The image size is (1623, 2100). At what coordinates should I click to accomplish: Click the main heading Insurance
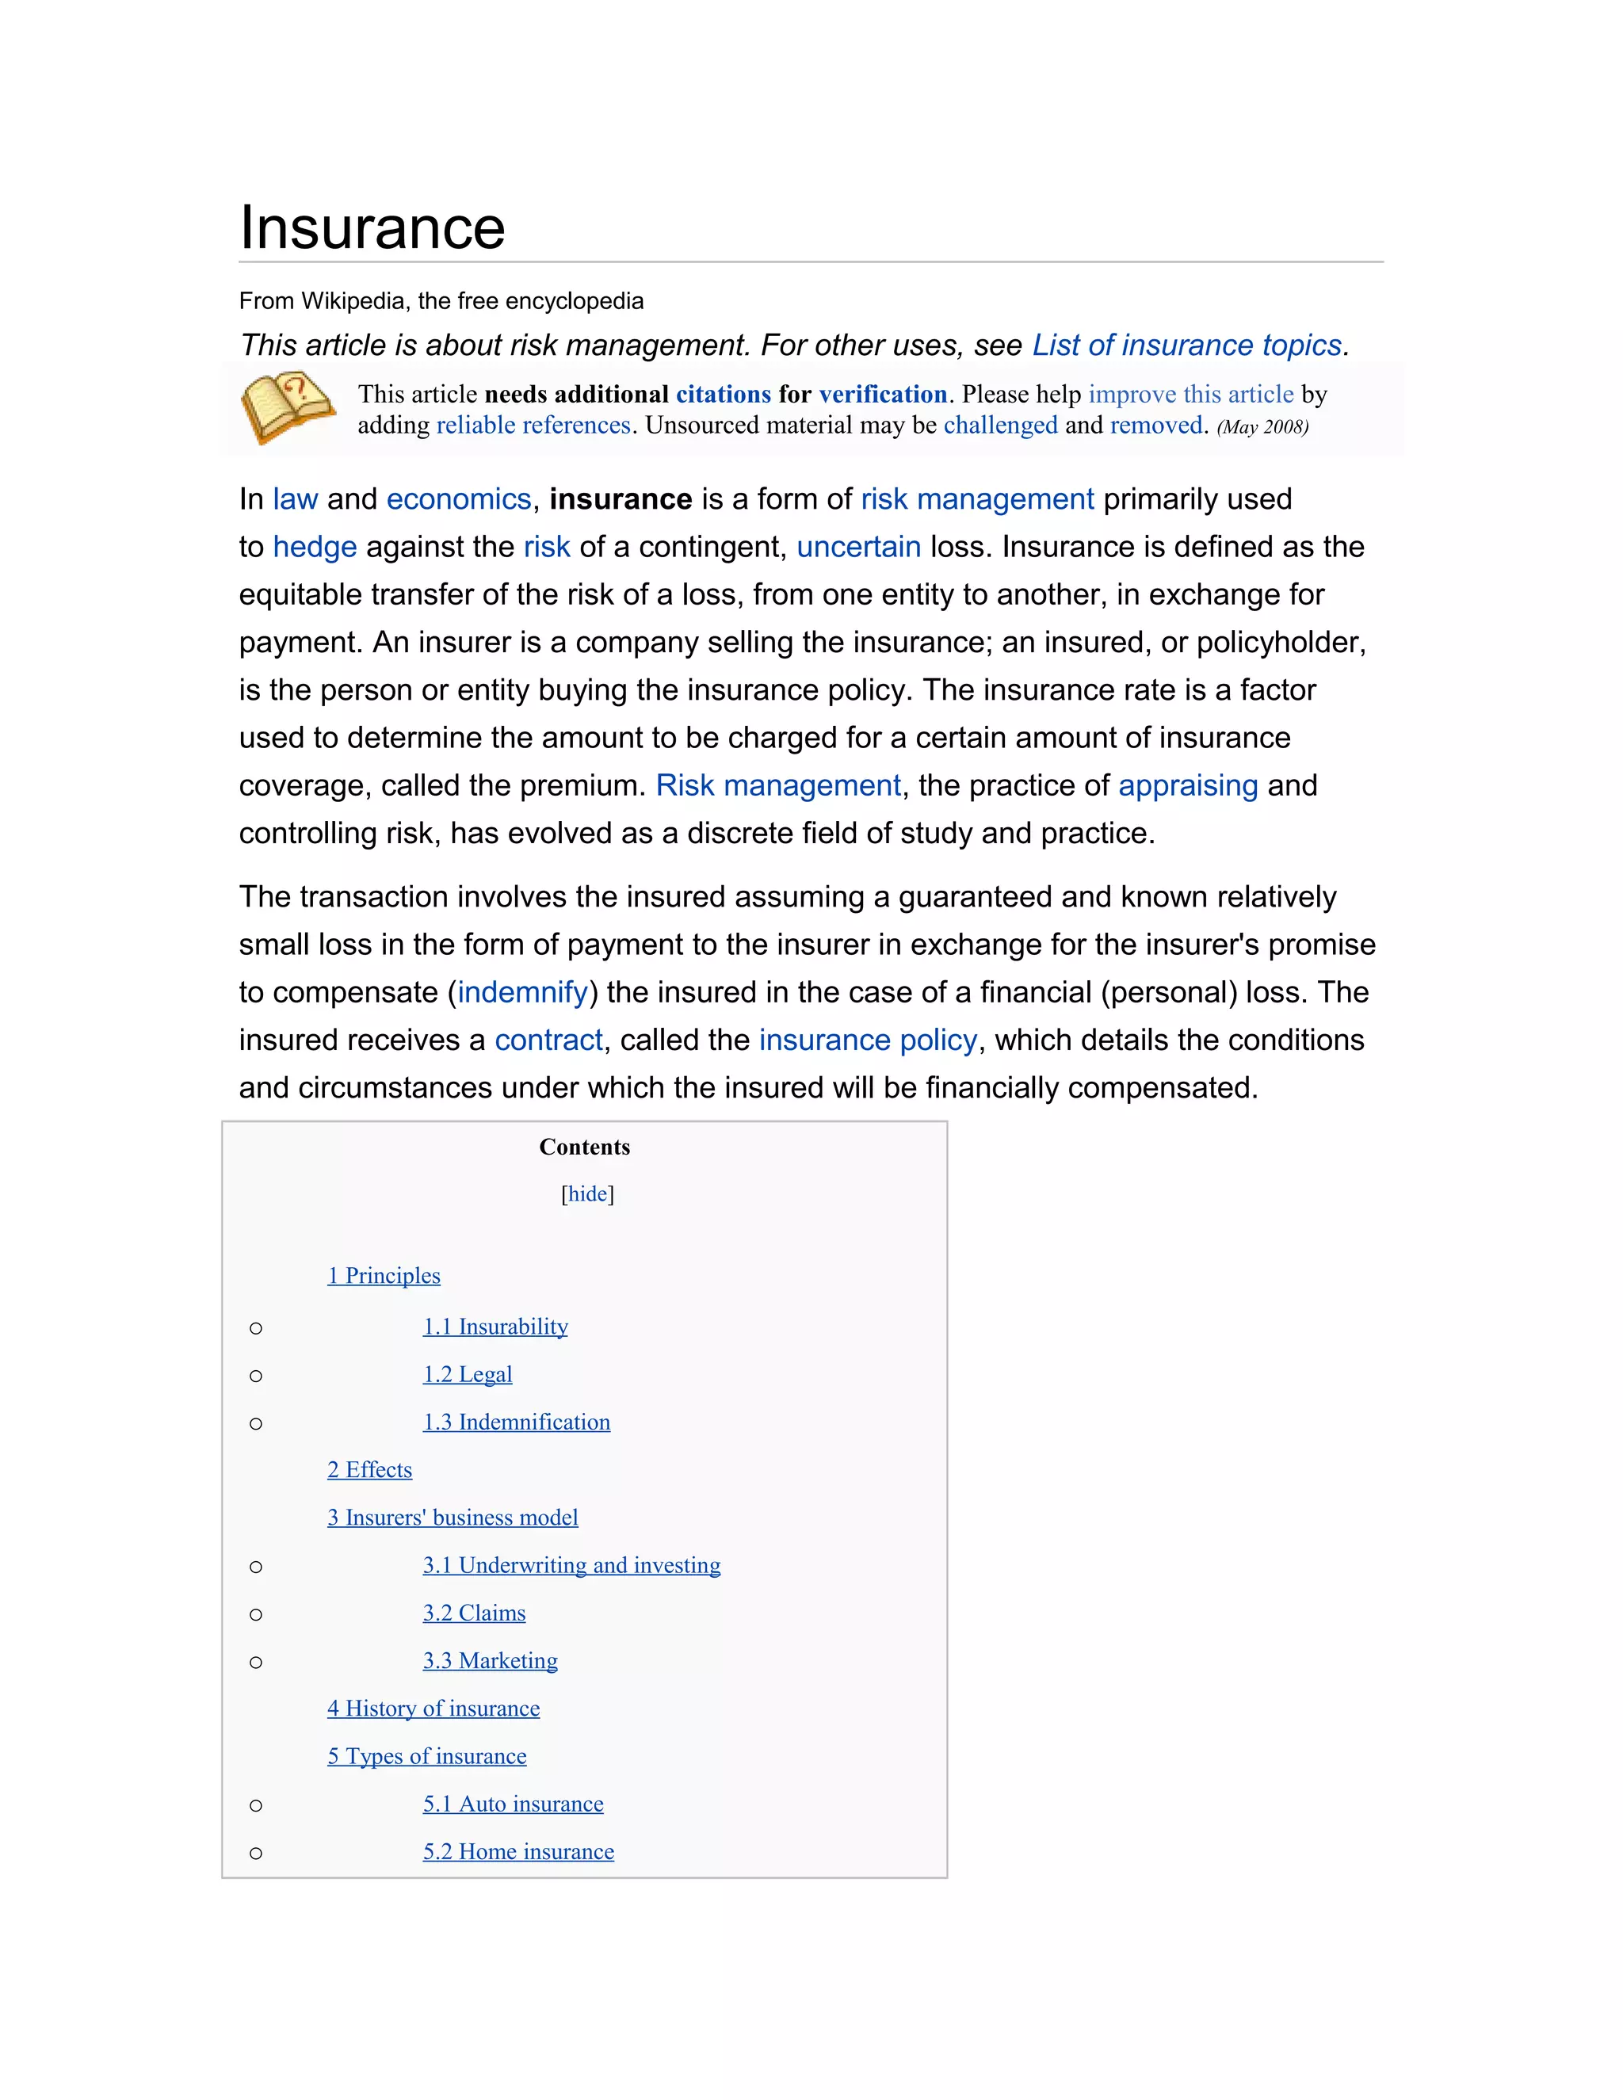[x=372, y=228]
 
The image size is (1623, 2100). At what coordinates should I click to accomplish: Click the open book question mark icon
[x=287, y=407]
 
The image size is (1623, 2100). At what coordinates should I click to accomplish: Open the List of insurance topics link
[x=1186, y=346]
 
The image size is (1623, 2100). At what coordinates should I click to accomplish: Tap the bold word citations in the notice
[x=723, y=394]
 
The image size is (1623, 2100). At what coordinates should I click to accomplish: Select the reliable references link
[x=533, y=425]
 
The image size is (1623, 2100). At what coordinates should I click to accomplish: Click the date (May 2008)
[x=1262, y=427]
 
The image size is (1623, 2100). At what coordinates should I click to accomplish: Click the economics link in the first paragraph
[x=459, y=499]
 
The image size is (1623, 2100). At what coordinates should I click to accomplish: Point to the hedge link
[x=315, y=547]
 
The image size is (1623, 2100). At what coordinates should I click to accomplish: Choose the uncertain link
[x=858, y=547]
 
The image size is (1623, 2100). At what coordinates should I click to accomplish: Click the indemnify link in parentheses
[x=522, y=992]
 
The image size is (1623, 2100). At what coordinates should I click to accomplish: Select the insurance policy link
[x=867, y=1040]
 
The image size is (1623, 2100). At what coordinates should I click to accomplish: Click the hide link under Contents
[x=587, y=1194]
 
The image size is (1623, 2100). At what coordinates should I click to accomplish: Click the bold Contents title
[x=585, y=1147]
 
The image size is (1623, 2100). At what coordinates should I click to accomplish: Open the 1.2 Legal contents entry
[x=468, y=1374]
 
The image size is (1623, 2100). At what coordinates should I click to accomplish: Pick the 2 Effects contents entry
[x=369, y=1470]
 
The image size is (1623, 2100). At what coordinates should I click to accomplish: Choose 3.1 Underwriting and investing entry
[x=571, y=1565]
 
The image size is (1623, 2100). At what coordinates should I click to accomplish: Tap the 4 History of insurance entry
[x=433, y=1709]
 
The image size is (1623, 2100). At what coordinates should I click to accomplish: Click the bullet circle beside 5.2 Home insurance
[x=256, y=1853]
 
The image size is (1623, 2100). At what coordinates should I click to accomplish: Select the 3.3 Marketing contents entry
[x=490, y=1660]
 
